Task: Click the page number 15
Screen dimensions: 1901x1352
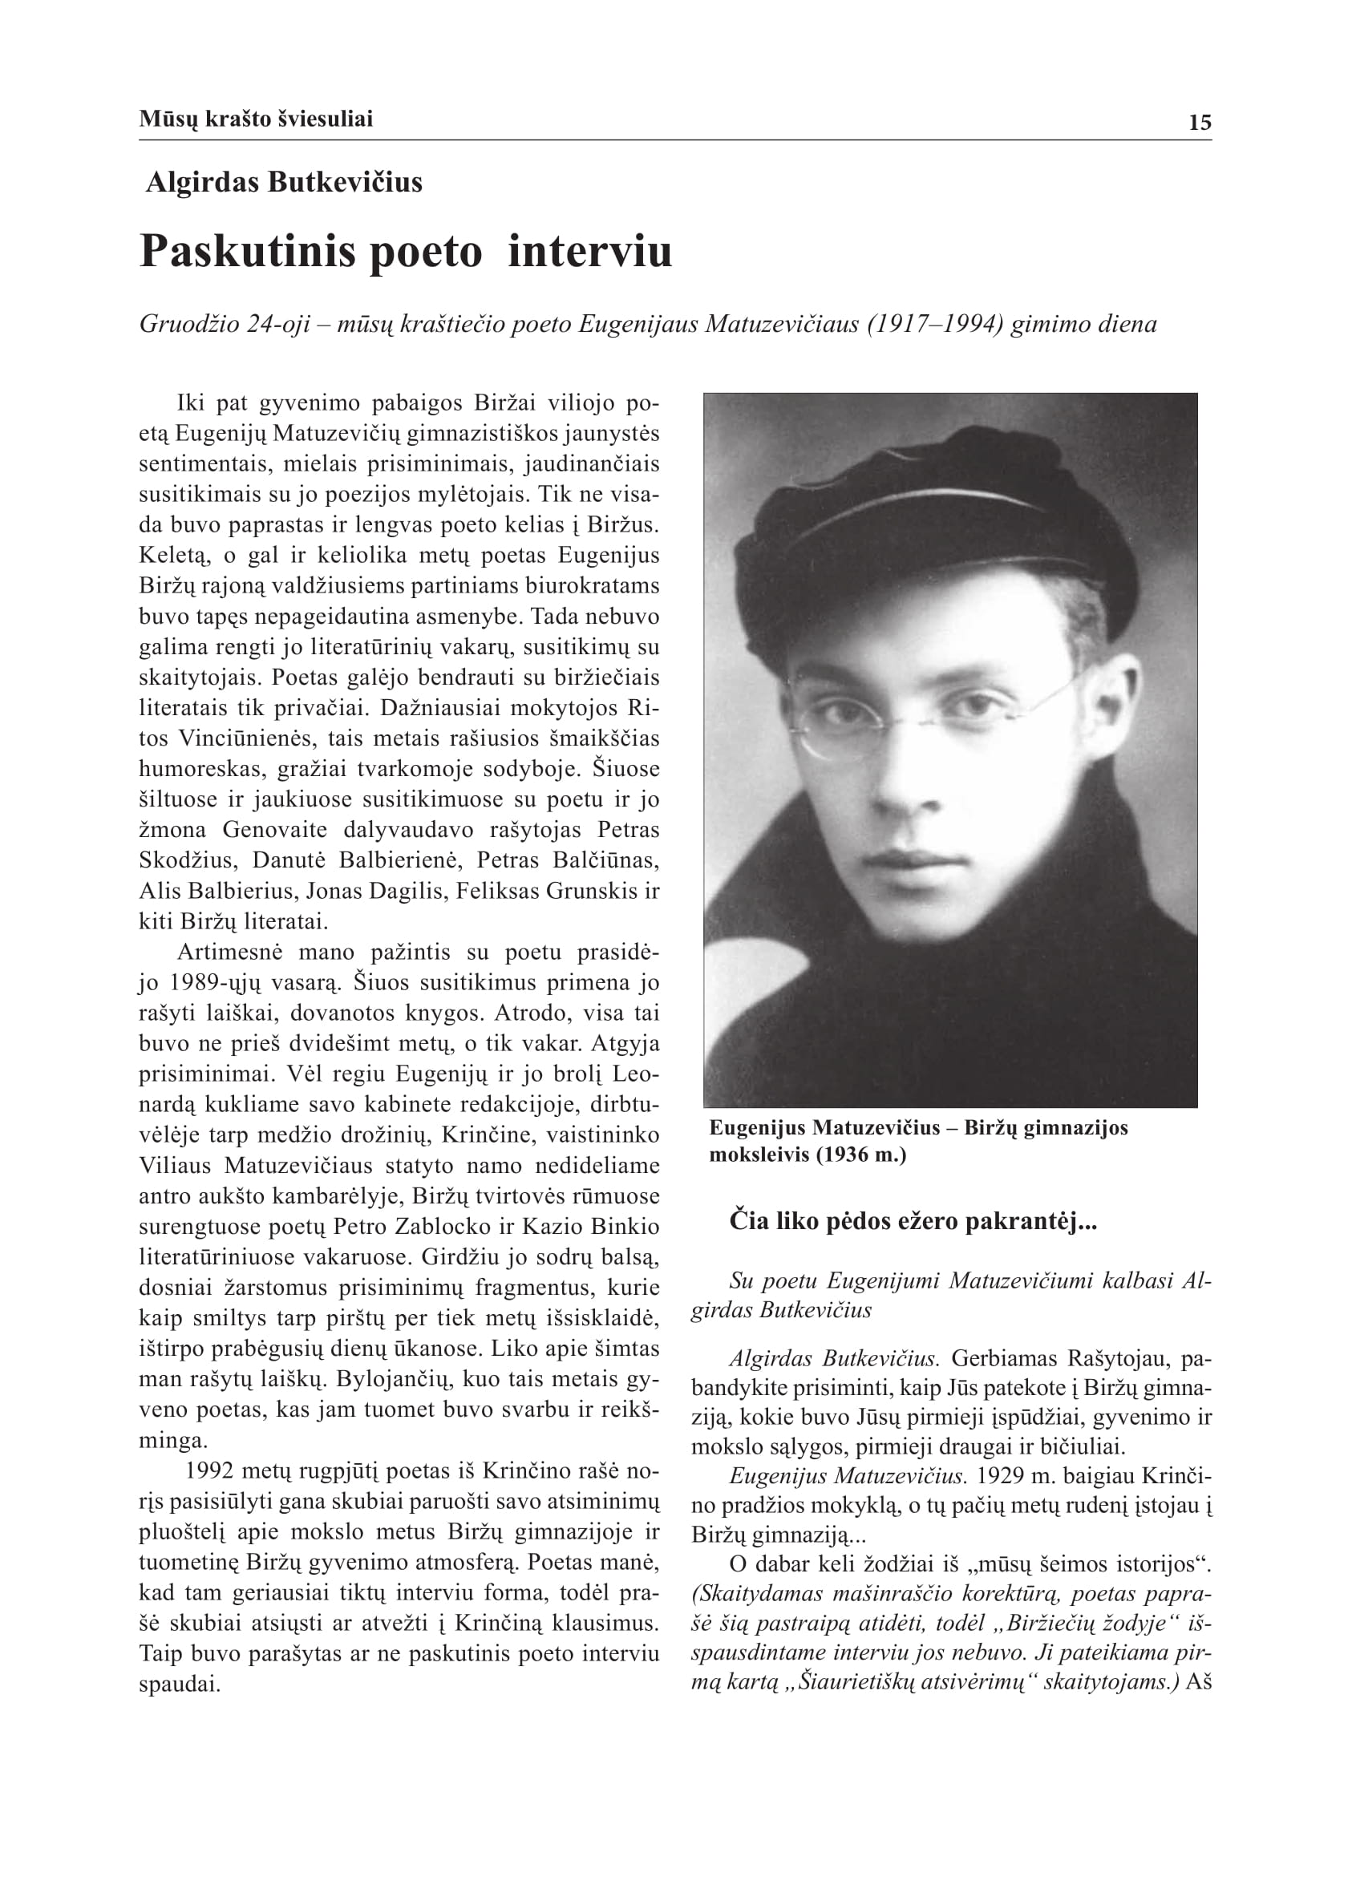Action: [x=1200, y=123]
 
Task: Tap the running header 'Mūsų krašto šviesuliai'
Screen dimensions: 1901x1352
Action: [x=256, y=119]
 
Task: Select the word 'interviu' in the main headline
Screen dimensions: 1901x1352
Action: [x=589, y=252]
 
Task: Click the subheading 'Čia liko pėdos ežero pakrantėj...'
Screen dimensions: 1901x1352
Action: [x=913, y=1222]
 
